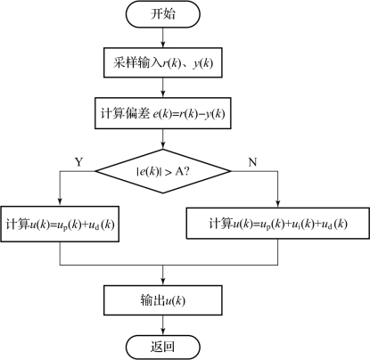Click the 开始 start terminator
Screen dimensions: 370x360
point(163,14)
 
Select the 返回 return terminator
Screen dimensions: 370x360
point(163,347)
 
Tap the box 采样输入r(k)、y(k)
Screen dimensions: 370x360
point(163,62)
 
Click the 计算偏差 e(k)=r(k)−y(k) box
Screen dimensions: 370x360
point(163,113)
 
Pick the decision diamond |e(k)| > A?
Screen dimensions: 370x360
point(163,171)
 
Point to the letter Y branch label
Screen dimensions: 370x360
point(78,162)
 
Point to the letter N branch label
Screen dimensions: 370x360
point(252,162)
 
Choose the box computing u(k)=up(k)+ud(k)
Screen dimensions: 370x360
point(60,224)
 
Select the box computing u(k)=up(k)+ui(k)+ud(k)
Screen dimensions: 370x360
point(278,223)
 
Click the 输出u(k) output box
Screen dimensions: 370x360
point(163,300)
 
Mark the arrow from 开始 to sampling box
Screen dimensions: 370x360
point(163,37)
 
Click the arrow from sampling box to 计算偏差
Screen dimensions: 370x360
point(163,87)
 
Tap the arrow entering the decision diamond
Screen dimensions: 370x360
point(163,139)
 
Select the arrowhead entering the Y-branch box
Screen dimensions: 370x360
point(60,202)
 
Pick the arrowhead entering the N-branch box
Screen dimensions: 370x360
point(278,203)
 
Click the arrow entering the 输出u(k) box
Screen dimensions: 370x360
point(163,275)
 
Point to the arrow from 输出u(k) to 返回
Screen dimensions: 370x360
point(163,325)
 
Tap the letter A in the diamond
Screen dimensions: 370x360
point(179,171)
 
